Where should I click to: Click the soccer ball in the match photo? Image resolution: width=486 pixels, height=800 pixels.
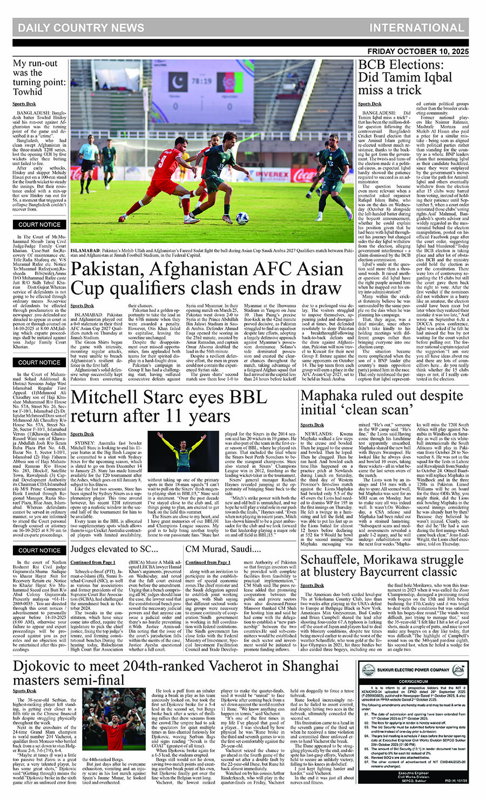[x=242, y=218]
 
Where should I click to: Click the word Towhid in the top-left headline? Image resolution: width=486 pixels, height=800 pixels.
[x=28, y=91]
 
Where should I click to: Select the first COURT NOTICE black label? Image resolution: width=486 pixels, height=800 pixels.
[x=39, y=224]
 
